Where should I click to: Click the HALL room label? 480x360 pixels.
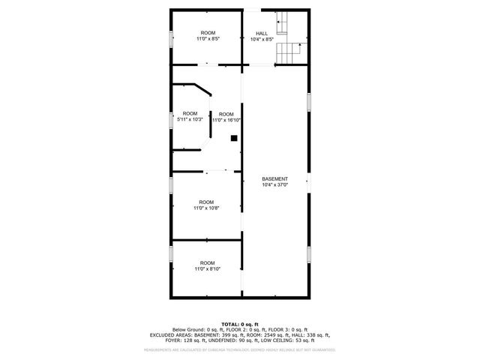coord(262,34)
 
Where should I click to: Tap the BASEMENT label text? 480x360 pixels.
coord(274,178)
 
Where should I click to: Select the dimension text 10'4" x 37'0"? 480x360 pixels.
coord(274,184)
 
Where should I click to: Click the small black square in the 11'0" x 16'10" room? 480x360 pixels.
coord(234,138)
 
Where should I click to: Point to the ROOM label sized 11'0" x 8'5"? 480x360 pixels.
coord(207,33)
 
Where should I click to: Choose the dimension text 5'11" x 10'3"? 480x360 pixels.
coord(190,119)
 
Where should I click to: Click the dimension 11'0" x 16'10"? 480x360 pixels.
coord(226,120)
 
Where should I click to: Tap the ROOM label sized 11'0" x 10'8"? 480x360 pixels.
coord(206,202)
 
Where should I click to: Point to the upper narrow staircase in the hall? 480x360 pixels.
coord(283,25)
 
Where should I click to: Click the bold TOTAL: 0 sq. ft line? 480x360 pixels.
coord(240,323)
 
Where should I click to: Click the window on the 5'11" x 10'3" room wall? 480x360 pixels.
coord(171,120)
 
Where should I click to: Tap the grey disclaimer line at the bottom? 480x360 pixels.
coord(240,349)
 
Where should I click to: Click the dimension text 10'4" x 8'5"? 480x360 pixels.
coord(262,39)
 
